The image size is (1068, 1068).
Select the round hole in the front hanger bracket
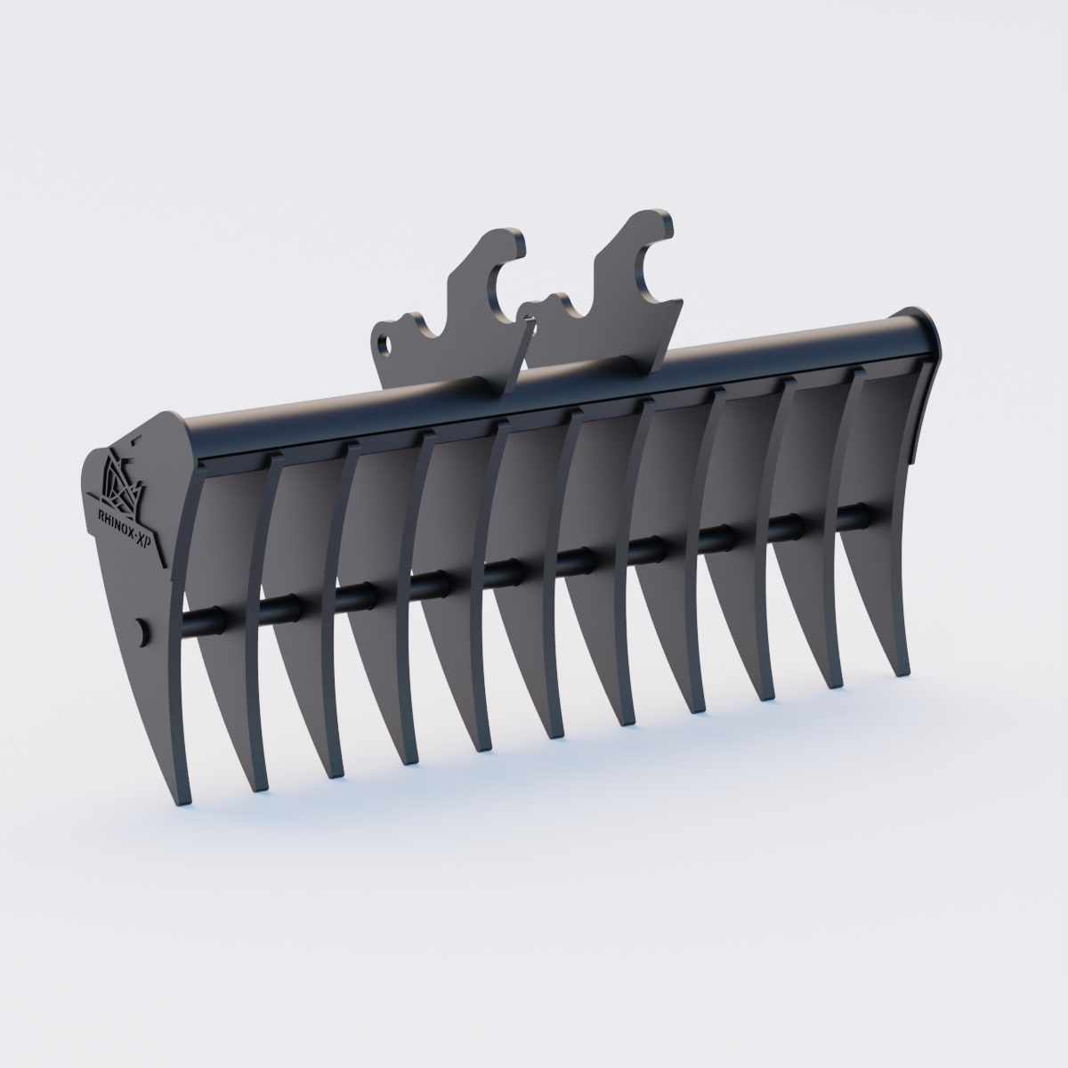(385, 341)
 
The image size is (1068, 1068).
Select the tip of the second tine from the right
(835, 684)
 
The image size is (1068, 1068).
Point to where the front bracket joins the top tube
(445, 384)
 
